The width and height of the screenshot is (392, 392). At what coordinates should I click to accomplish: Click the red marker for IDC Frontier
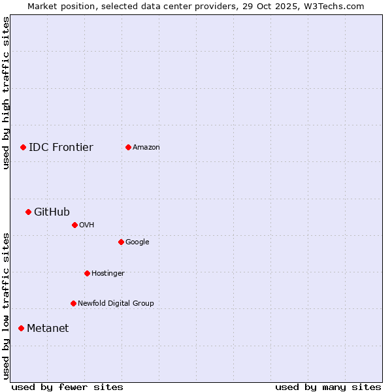[23, 148]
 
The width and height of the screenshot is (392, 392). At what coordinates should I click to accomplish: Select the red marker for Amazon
[128, 148]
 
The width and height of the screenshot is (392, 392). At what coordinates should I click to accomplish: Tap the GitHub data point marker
[28, 212]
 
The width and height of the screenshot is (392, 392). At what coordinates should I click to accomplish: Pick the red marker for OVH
[74, 225]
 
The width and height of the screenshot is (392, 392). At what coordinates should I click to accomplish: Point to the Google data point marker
[121, 242]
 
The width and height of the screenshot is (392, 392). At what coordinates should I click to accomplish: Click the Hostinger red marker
[87, 274]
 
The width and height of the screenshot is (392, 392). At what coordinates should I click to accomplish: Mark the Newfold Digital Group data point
[73, 304]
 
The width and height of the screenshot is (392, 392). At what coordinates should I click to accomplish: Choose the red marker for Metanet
[21, 329]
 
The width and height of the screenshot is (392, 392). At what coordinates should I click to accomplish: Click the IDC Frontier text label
[61, 148]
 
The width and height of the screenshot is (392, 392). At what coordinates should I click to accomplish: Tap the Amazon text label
[146, 148]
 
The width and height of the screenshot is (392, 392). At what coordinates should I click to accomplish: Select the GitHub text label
[52, 212]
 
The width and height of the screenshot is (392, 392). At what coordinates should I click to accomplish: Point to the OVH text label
[87, 225]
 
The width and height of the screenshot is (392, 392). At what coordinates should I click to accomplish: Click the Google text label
[137, 242]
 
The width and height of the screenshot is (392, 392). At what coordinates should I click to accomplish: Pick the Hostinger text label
[108, 274]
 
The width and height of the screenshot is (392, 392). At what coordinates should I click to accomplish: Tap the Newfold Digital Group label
[116, 304]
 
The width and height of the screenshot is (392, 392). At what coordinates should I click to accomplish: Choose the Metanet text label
[48, 329]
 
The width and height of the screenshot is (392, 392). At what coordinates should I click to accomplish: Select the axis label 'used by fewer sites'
[67, 387]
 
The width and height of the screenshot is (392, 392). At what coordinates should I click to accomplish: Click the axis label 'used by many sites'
[328, 387]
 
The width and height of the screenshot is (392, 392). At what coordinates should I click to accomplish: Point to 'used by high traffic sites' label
[7, 93]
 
